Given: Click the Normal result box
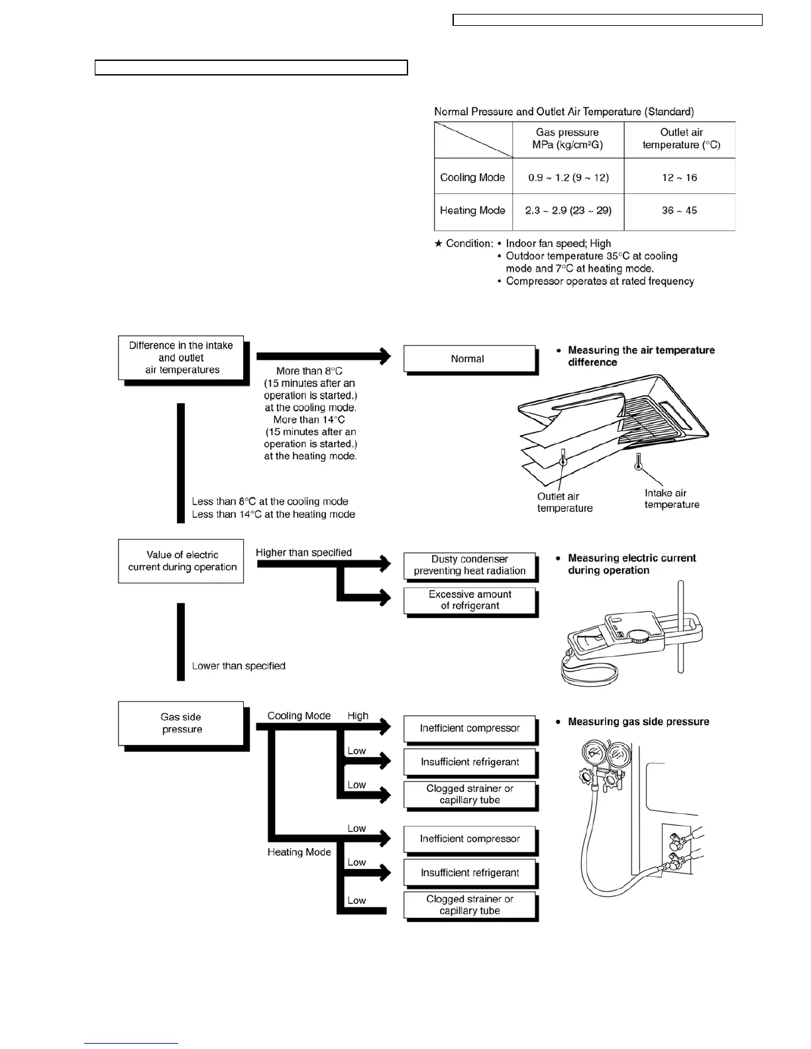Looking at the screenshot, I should pyautogui.click(x=468, y=359).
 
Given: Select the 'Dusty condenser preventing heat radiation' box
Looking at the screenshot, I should pyautogui.click(x=470, y=565).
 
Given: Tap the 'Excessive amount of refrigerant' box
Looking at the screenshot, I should pyautogui.click(x=470, y=600).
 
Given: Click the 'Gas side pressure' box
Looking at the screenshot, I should pyautogui.click(x=181, y=723).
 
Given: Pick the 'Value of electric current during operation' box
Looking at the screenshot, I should pyautogui.click(x=181, y=561).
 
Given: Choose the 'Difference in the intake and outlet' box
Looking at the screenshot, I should pyautogui.click(x=181, y=358).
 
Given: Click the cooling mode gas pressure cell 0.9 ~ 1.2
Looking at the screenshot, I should pyautogui.click(x=568, y=177).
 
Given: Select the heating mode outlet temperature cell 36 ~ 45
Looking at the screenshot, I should pyautogui.click(x=679, y=211).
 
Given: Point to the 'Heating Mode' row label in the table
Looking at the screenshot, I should pyautogui.click(x=472, y=211).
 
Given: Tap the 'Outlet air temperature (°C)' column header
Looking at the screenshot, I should pyautogui.click(x=680, y=138).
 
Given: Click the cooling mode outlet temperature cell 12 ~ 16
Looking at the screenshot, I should pyautogui.click(x=679, y=177).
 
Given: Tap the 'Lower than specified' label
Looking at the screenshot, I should pyautogui.click(x=239, y=666).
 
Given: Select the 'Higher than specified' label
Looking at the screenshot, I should pyautogui.click(x=303, y=552).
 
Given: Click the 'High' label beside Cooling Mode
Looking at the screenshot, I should pyautogui.click(x=358, y=716).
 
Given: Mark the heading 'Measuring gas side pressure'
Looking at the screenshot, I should pyautogui.click(x=638, y=722).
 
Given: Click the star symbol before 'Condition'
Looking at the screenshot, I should pyautogui.click(x=438, y=244).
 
